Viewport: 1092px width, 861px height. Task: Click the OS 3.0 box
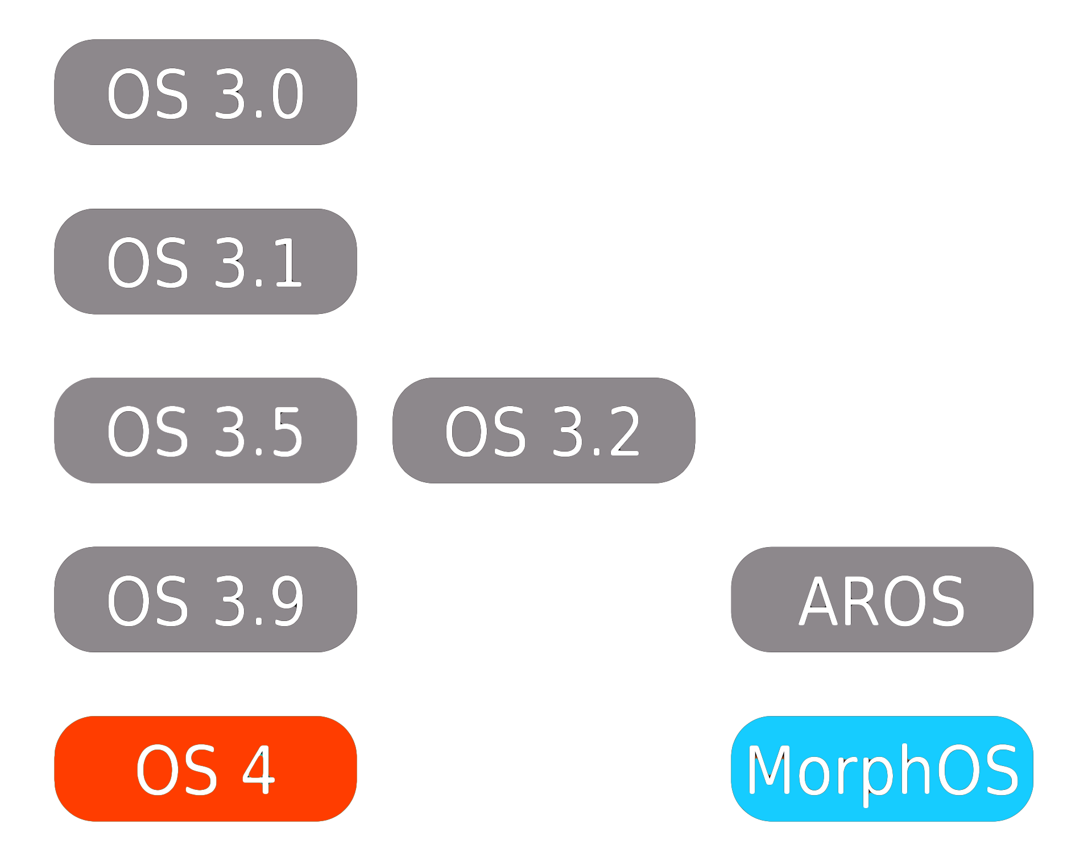coord(205,92)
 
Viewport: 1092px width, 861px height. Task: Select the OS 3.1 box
coord(205,260)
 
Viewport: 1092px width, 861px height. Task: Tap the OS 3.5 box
coord(205,430)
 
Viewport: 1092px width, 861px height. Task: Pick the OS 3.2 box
coord(543,430)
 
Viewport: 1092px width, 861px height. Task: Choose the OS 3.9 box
coord(205,599)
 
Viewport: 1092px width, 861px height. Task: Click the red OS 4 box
coord(205,768)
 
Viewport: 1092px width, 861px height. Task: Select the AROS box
coord(882,599)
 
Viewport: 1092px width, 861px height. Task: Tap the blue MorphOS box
coord(882,768)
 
